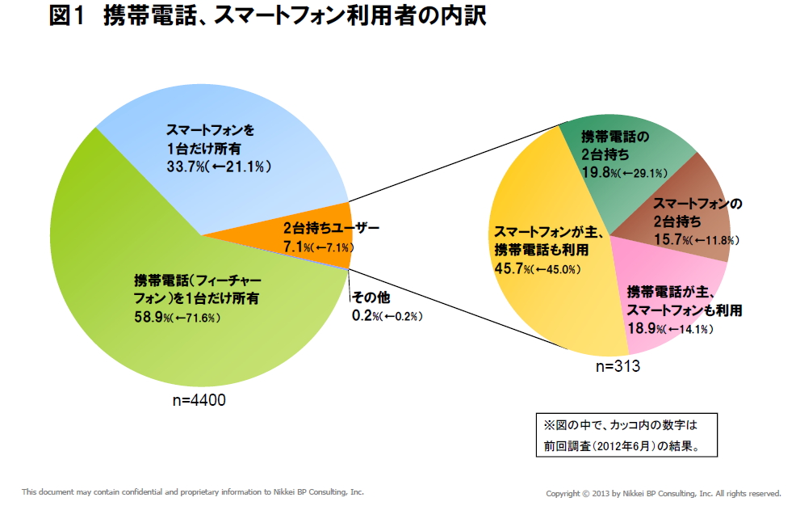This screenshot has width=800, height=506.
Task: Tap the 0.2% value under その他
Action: tap(365, 315)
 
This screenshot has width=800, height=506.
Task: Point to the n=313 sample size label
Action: tap(618, 366)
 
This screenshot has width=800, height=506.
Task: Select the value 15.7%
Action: tap(669, 239)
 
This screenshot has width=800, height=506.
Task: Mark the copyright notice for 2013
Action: tap(664, 492)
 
